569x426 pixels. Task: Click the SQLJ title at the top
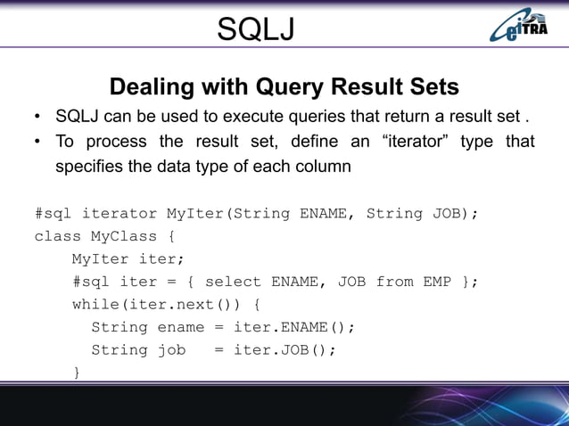(256, 32)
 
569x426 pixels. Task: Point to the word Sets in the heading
(433, 87)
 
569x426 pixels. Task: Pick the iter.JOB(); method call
(284, 349)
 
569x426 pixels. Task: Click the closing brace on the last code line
(77, 372)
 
